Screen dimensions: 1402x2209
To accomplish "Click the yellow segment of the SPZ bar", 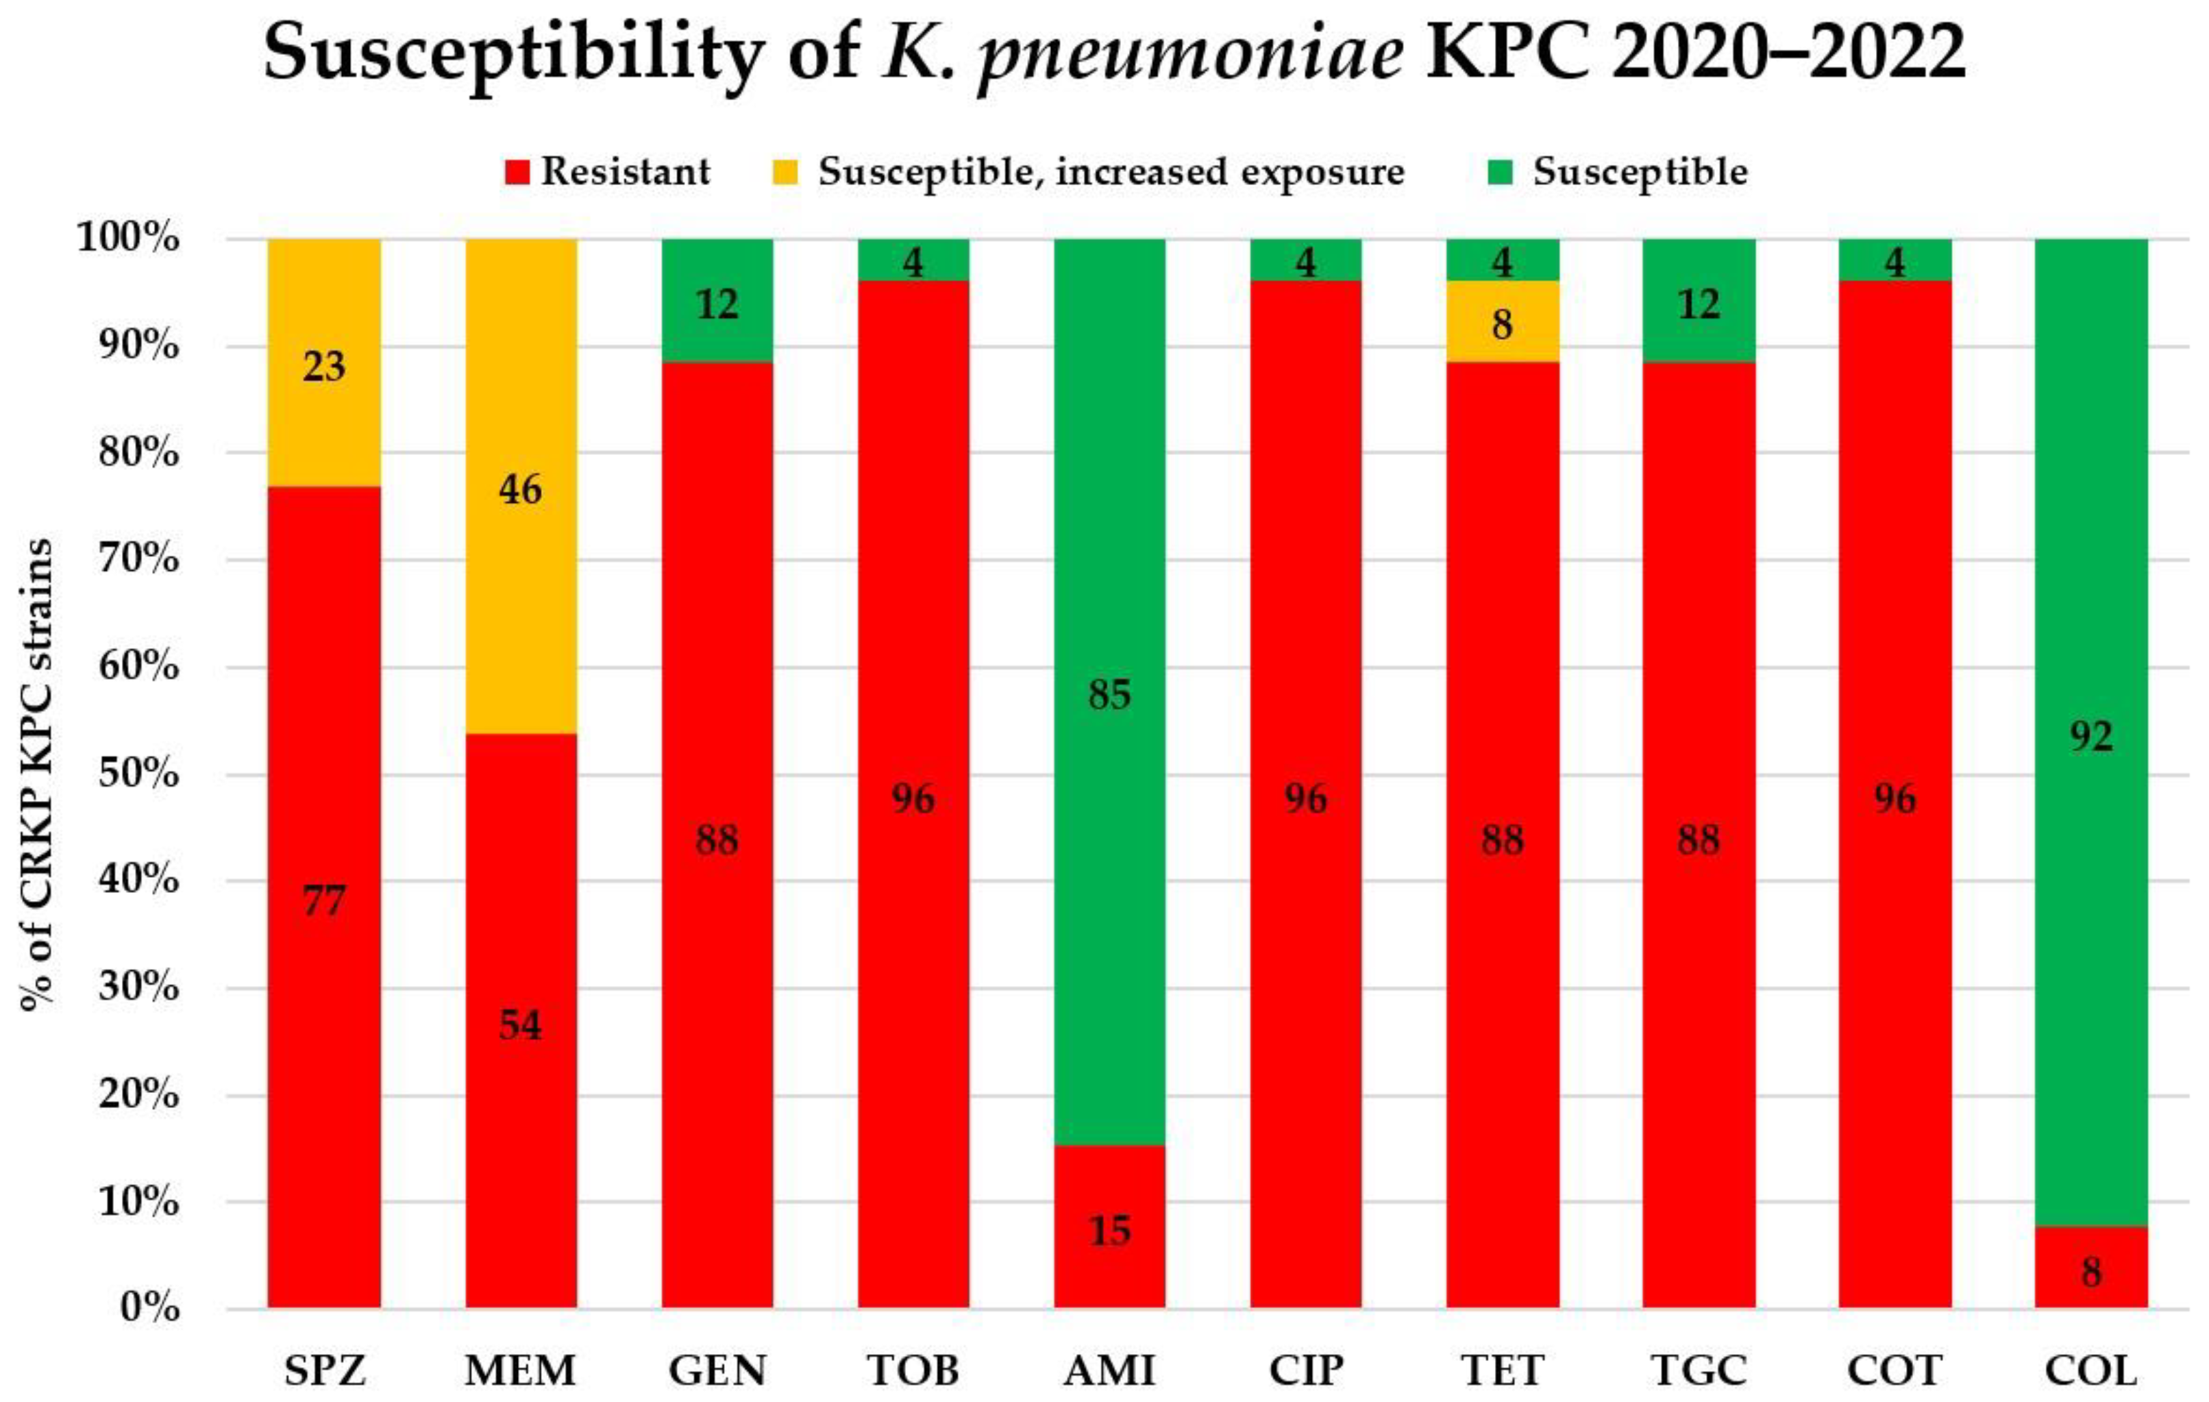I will (x=324, y=362).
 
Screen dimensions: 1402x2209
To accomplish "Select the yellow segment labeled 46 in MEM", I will (x=521, y=487).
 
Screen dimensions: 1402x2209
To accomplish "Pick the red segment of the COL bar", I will (x=2090, y=1266).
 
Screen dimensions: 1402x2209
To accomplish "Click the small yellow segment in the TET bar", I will (x=1502, y=321).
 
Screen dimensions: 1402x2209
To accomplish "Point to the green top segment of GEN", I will (x=717, y=300).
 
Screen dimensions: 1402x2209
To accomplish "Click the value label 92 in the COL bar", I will (x=2090, y=736).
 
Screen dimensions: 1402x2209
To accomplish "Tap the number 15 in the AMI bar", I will (x=1109, y=1229).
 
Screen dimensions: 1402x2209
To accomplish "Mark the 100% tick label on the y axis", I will (x=128, y=238).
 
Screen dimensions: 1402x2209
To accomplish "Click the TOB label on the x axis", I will (x=913, y=1370).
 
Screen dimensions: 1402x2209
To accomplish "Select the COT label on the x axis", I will (x=1895, y=1370).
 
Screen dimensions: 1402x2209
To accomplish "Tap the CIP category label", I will (x=1305, y=1370).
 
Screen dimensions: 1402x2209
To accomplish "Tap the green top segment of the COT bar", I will (x=1895, y=260).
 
